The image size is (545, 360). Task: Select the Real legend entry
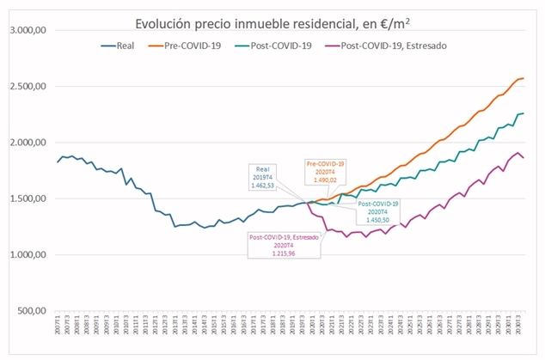point(118,45)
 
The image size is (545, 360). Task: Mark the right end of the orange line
point(524,79)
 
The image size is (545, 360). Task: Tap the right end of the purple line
point(524,158)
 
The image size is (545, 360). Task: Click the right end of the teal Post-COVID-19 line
point(524,113)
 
